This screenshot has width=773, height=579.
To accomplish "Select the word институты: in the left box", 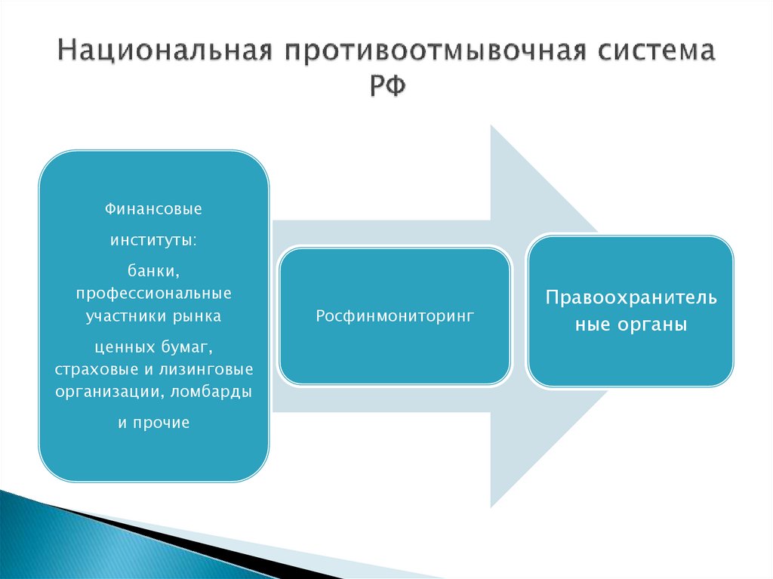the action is [x=153, y=239].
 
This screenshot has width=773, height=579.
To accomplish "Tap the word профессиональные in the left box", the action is [x=153, y=292].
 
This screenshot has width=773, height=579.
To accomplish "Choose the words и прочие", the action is [x=153, y=423].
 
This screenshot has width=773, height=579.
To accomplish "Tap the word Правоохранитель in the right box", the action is [x=631, y=297].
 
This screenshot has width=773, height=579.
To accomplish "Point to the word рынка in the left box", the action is [x=201, y=316].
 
